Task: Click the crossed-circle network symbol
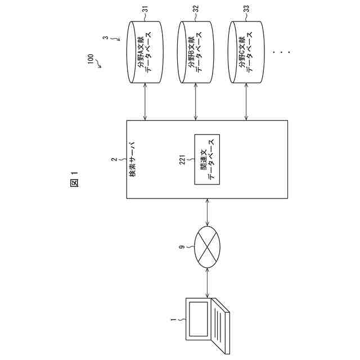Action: pyautogui.click(x=208, y=246)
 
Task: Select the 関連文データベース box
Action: pyautogui.click(x=206, y=159)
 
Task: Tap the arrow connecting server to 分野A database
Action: pyautogui.click(x=146, y=103)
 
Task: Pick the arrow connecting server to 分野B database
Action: pyautogui.click(x=195, y=103)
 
